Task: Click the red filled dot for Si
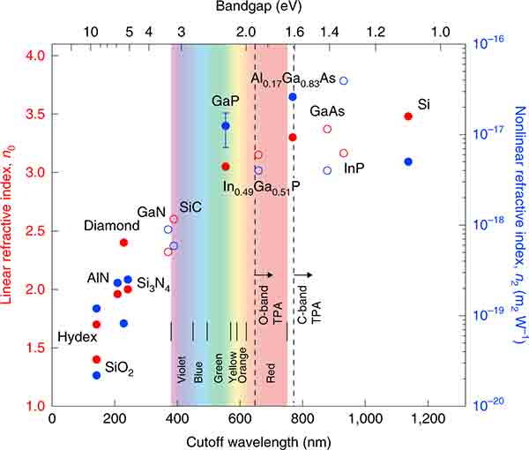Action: (407, 116)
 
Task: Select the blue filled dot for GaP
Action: (226, 126)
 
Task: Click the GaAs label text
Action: (326, 112)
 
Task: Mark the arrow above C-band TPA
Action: (303, 275)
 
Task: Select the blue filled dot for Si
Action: (407, 161)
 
